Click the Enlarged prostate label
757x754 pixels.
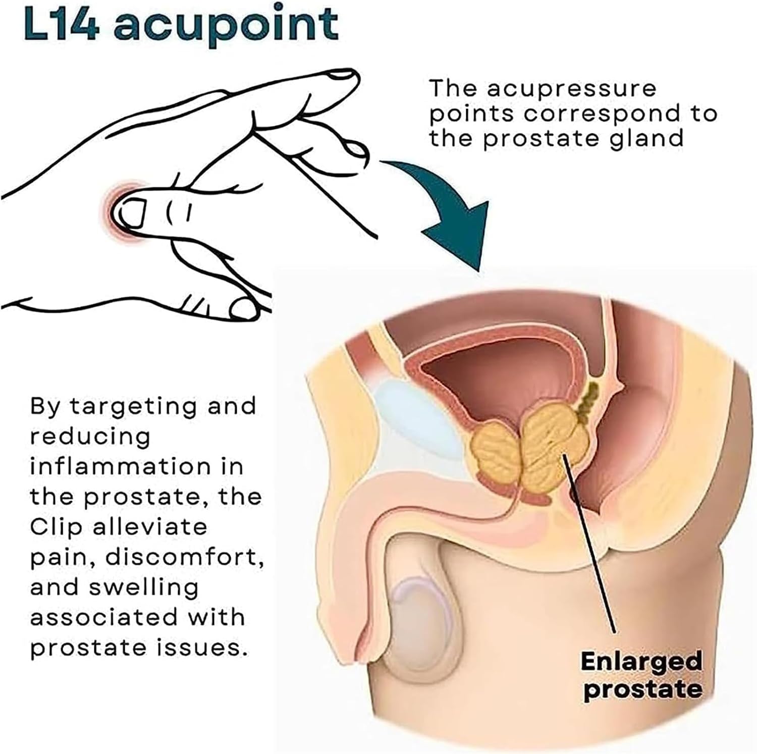(x=641, y=675)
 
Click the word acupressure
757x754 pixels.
(x=572, y=90)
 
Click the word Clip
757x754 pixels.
(x=56, y=527)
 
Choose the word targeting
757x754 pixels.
(x=131, y=407)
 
